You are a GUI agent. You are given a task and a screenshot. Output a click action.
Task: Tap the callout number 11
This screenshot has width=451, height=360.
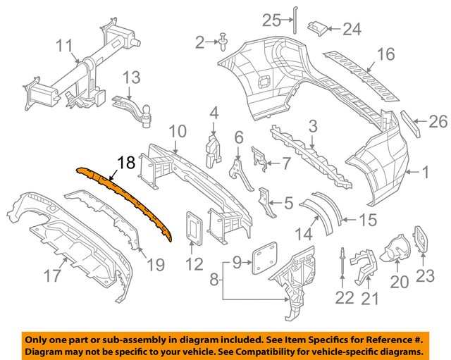point(64,47)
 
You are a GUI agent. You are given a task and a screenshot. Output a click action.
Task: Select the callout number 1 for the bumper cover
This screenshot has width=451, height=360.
point(425,170)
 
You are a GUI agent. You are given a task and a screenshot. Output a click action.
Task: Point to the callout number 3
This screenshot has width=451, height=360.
point(312,127)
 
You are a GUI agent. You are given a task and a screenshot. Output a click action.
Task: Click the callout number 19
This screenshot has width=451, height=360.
point(156,265)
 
